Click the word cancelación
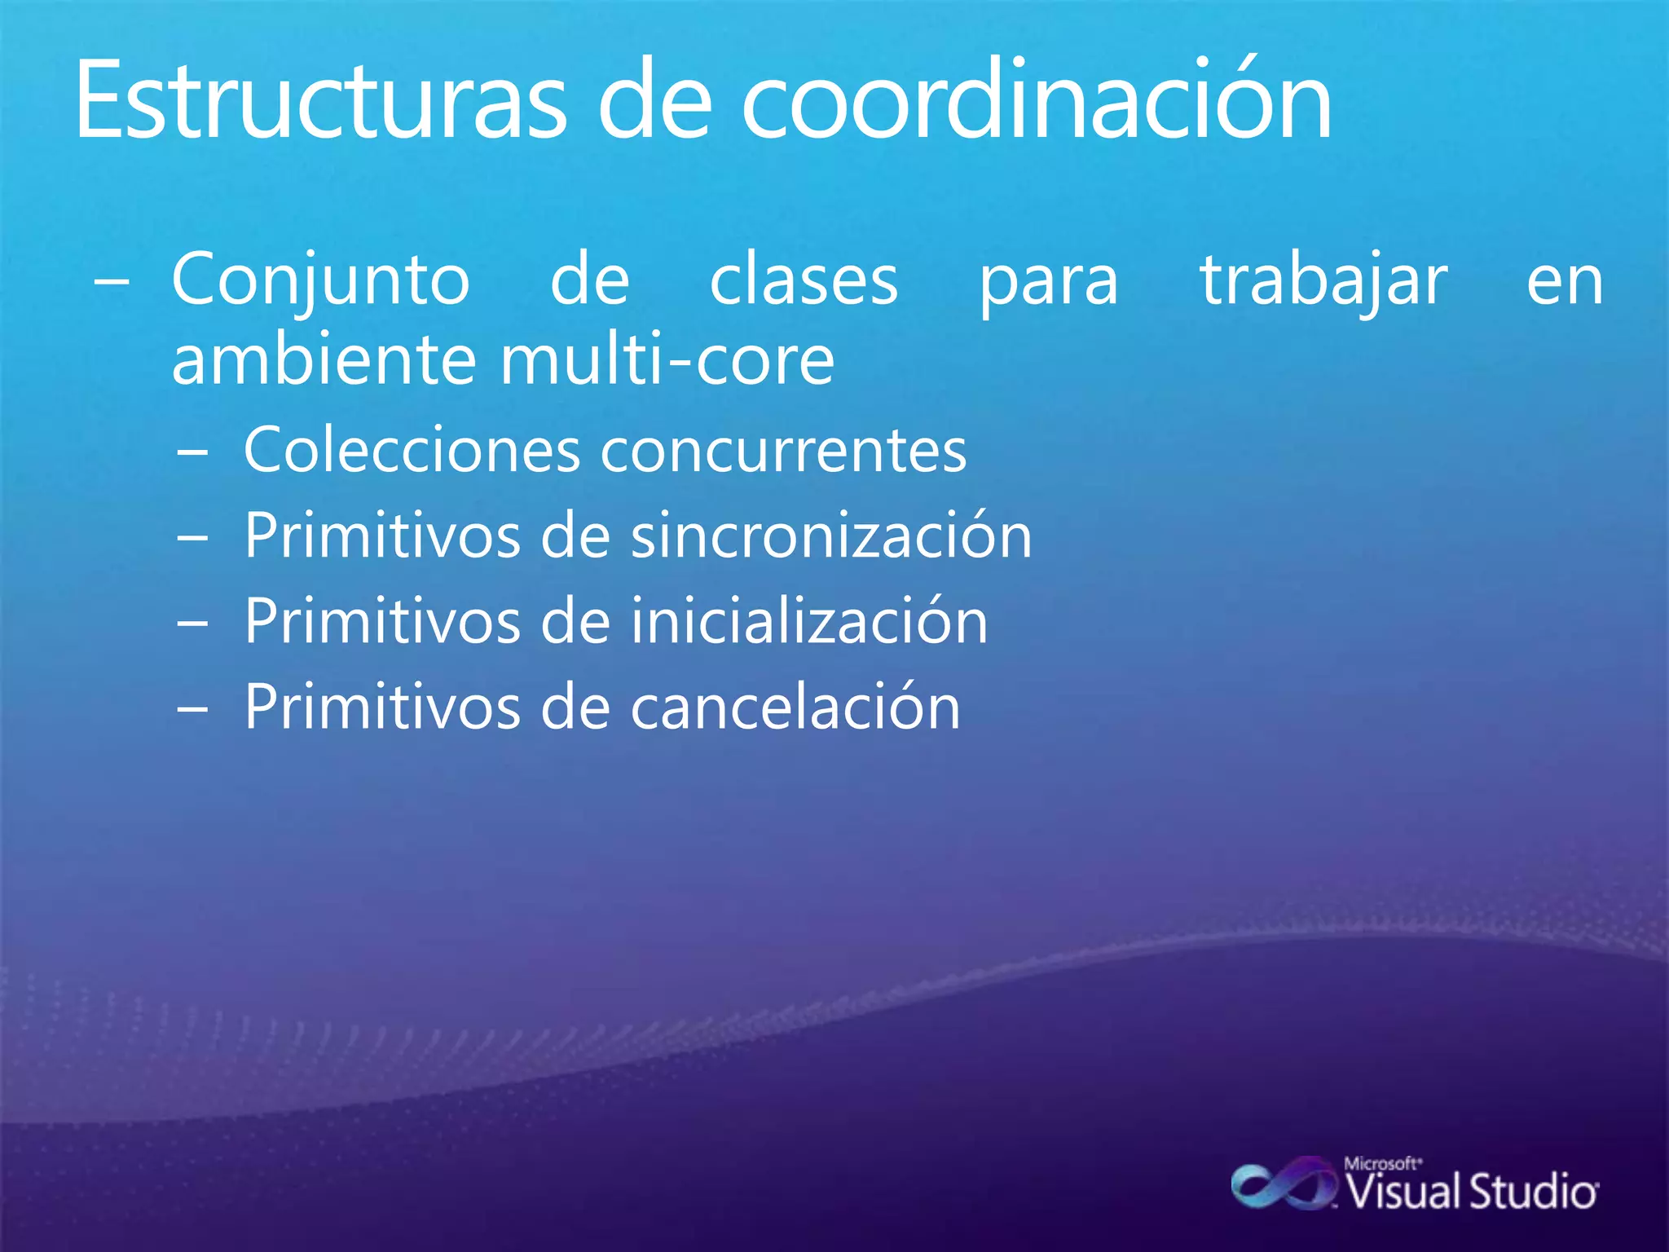click(x=795, y=707)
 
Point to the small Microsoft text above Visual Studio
click(x=1382, y=1163)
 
